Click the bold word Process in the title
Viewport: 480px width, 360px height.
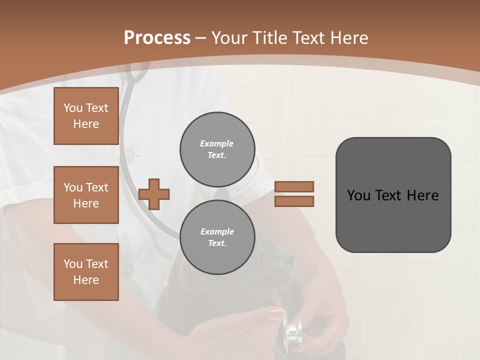[x=157, y=38]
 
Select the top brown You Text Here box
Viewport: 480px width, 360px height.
[x=86, y=116]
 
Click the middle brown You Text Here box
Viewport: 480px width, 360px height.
[x=86, y=195]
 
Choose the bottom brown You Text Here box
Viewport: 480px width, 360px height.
[x=86, y=272]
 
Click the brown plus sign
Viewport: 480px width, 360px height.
[x=154, y=194]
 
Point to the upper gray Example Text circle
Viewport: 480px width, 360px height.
[x=217, y=149]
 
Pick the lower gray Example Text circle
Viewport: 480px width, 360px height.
[x=217, y=237]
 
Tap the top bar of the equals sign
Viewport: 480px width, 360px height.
[x=294, y=186]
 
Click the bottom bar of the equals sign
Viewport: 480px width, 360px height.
[x=294, y=201]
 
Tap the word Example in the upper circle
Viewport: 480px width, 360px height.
[x=217, y=143]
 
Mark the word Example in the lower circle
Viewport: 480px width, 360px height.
[x=217, y=231]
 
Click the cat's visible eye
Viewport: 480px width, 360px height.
[x=253, y=259]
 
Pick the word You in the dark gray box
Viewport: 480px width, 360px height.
[x=358, y=195]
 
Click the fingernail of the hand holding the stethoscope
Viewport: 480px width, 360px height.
[x=276, y=314]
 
